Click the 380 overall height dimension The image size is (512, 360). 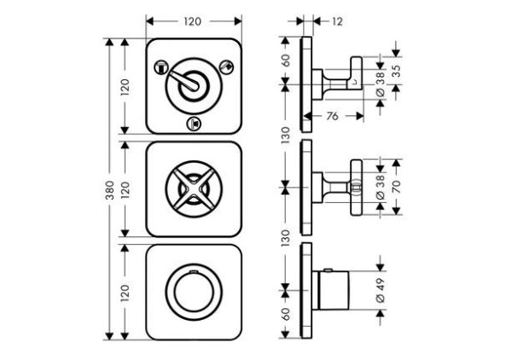[x=110, y=190]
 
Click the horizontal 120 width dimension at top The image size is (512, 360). [x=193, y=21]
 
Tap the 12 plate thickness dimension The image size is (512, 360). [x=337, y=21]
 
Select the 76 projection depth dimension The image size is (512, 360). [x=332, y=116]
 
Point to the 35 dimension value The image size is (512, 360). [x=396, y=71]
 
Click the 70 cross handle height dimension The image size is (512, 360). [x=396, y=187]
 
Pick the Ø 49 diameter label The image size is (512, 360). [x=381, y=290]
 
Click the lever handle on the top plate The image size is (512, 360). [x=184, y=82]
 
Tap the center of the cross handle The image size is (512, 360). [x=194, y=189]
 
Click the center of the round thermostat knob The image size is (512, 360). [x=194, y=292]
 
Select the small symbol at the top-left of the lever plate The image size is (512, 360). [x=161, y=67]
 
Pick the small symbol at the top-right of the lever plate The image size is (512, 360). [x=227, y=67]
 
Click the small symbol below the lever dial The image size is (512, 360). [x=194, y=124]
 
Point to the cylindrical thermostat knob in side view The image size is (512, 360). [x=335, y=289]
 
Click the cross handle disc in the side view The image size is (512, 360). [x=357, y=188]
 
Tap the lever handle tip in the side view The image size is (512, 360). [x=357, y=73]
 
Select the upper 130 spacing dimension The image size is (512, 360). [x=286, y=135]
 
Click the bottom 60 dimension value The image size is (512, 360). [x=286, y=314]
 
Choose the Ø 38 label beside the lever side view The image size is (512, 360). [x=381, y=84]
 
